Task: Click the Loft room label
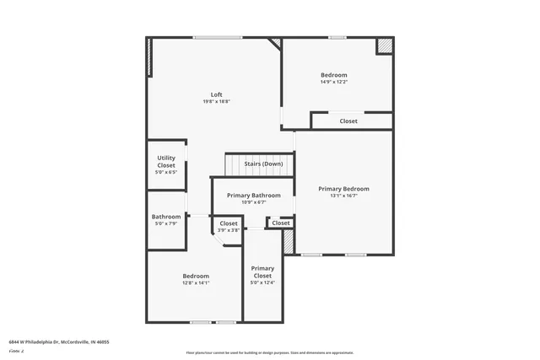(216, 94)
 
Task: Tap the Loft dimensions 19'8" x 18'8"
(216, 101)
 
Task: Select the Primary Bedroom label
(343, 189)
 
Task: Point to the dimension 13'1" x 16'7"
(343, 196)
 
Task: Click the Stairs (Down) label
(262, 164)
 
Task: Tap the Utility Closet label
(166, 162)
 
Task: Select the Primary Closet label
(262, 271)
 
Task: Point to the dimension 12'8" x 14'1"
(196, 283)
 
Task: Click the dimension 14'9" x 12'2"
(333, 82)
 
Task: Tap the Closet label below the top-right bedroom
(348, 121)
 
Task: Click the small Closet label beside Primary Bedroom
(281, 223)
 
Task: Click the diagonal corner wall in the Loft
(274, 44)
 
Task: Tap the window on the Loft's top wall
(218, 37)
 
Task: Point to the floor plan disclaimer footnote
(270, 352)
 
